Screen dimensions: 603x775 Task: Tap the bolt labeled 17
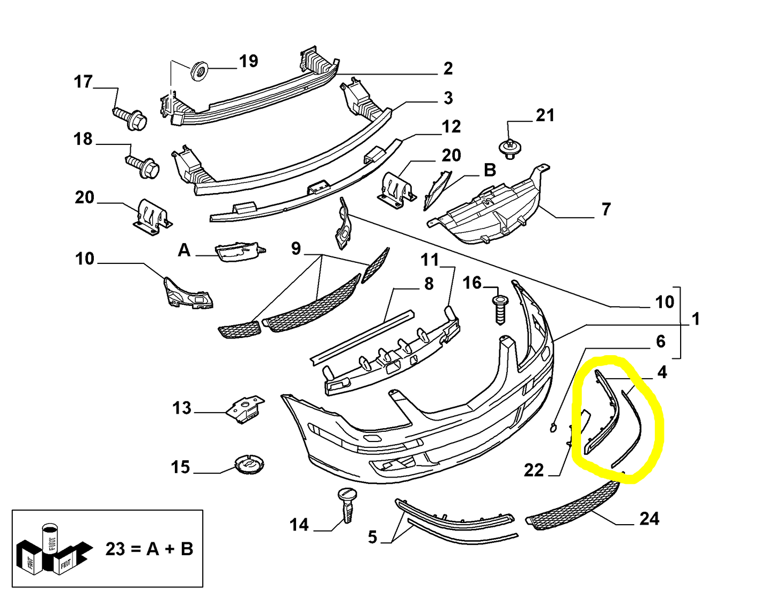coord(130,117)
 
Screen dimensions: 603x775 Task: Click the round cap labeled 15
coord(249,465)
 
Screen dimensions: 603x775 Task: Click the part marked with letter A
coord(239,252)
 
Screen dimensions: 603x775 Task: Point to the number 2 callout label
coord(448,69)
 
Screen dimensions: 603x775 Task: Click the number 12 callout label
coord(451,127)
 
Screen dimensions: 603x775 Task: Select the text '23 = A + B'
coord(149,549)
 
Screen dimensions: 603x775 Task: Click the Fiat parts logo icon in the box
coord(49,549)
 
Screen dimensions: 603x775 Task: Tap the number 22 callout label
coord(534,470)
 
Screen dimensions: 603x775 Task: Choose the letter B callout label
coord(489,170)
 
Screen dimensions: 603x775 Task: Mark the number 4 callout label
coord(662,372)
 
